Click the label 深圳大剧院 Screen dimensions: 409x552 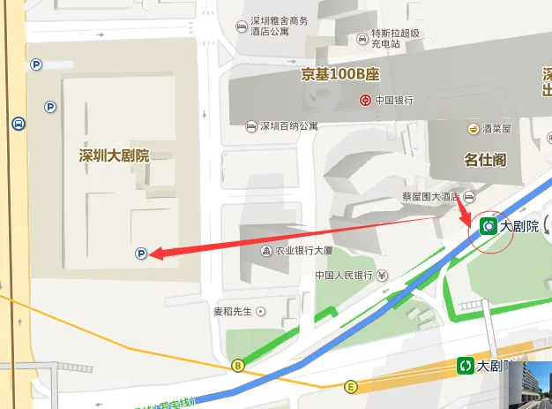114,156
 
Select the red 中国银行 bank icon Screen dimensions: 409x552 365,100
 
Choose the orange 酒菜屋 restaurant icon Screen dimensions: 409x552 474,128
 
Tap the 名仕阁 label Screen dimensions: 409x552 484,160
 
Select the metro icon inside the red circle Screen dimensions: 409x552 487,226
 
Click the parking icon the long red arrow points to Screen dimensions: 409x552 140,254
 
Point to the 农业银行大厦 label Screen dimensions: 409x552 303,251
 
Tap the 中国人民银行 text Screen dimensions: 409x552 344,276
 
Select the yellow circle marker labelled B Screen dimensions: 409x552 236,365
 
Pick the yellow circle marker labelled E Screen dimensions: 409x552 351,386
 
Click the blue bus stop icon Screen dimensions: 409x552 19,124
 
